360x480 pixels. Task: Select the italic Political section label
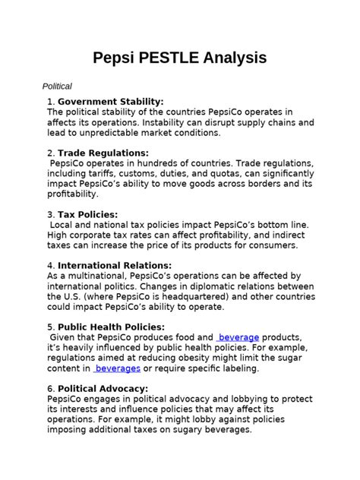point(57,87)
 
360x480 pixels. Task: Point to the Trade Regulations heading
point(103,153)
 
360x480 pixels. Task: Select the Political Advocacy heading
point(103,389)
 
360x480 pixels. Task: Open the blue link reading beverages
point(117,368)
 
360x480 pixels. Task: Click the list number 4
point(49,266)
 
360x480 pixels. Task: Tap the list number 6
point(49,389)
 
